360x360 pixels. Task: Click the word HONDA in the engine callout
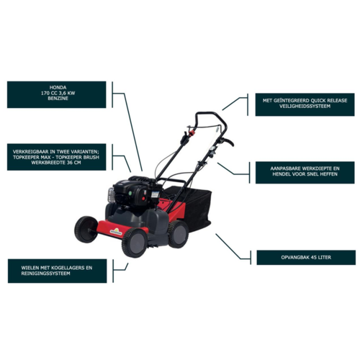tap(58, 88)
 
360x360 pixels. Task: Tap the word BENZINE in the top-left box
tap(58, 99)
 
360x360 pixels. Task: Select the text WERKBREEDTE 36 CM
tap(57, 163)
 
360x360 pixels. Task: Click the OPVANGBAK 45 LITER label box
tap(306, 258)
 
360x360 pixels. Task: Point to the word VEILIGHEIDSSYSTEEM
tap(305, 106)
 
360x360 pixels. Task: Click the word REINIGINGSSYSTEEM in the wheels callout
tap(45, 274)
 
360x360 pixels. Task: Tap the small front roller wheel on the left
tap(86, 229)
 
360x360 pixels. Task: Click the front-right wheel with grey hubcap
tap(135, 243)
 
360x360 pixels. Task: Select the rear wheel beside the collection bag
tap(179, 234)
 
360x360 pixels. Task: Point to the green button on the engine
tap(130, 193)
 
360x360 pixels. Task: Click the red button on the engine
tap(143, 199)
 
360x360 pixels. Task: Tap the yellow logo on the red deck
tap(116, 232)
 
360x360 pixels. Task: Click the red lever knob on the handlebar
tap(192, 132)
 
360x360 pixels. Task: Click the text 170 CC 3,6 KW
tap(58, 93)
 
